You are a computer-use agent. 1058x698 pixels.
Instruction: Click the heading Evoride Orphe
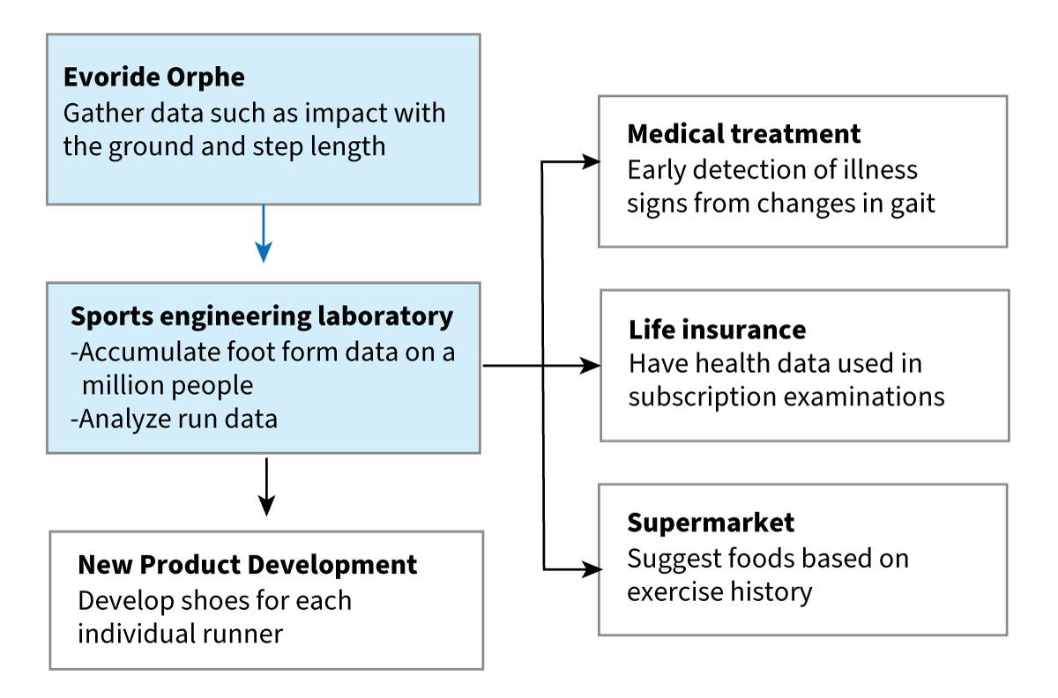tap(154, 77)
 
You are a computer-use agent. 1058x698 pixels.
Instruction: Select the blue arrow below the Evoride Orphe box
tap(264, 234)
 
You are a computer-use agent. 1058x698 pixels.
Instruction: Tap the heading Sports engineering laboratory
tap(262, 317)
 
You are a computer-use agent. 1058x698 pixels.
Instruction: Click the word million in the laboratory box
tap(122, 385)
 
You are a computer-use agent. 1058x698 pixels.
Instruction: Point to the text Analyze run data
tap(175, 419)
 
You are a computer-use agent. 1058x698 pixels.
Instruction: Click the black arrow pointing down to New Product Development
tap(267, 486)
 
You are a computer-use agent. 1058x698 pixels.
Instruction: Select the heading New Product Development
tap(248, 564)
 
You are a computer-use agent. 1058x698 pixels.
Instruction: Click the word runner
tap(242, 635)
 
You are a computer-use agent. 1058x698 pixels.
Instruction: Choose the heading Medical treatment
tap(744, 134)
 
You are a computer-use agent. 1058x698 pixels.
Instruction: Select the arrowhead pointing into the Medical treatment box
tap(591, 161)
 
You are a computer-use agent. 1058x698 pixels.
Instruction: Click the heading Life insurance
tap(718, 330)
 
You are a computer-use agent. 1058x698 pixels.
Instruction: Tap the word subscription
tap(703, 397)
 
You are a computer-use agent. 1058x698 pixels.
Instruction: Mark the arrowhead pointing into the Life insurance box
tap(591, 366)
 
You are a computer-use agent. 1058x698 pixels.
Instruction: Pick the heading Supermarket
tap(711, 523)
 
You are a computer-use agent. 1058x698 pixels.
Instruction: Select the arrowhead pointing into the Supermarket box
tap(592, 569)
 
